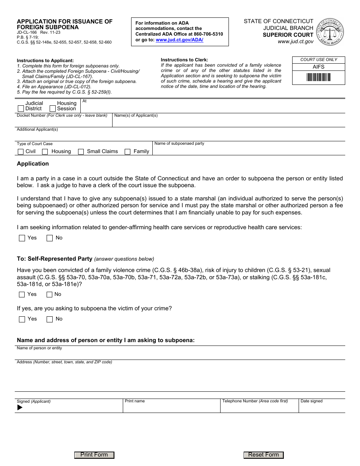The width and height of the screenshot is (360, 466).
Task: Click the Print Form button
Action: click(x=94, y=455)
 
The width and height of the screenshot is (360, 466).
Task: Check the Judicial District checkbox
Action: click(x=21, y=109)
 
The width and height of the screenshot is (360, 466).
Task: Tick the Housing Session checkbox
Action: click(x=53, y=109)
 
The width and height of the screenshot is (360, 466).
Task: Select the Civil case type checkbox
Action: click(x=21, y=152)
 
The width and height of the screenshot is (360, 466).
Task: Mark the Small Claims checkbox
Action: click(x=81, y=152)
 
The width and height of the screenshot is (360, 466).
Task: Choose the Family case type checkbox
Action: click(x=128, y=152)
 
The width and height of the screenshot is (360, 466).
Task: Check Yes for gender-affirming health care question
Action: click(x=22, y=238)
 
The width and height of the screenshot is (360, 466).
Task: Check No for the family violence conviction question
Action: click(x=50, y=295)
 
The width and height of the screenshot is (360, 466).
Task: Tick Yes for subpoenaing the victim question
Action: click(x=22, y=319)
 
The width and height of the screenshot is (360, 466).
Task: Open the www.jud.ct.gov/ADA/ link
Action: click(x=179, y=40)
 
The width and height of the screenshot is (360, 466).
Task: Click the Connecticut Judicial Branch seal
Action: click(x=330, y=32)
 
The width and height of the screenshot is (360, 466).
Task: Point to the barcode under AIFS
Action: click(x=318, y=78)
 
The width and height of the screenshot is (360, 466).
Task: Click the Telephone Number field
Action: click(x=259, y=408)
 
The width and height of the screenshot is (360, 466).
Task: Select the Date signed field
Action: click(x=322, y=408)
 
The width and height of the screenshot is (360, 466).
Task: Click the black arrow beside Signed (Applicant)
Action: click(x=20, y=408)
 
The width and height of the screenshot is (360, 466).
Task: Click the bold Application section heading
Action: click(x=33, y=164)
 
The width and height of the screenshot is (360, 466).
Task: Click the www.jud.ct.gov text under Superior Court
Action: click(x=296, y=42)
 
